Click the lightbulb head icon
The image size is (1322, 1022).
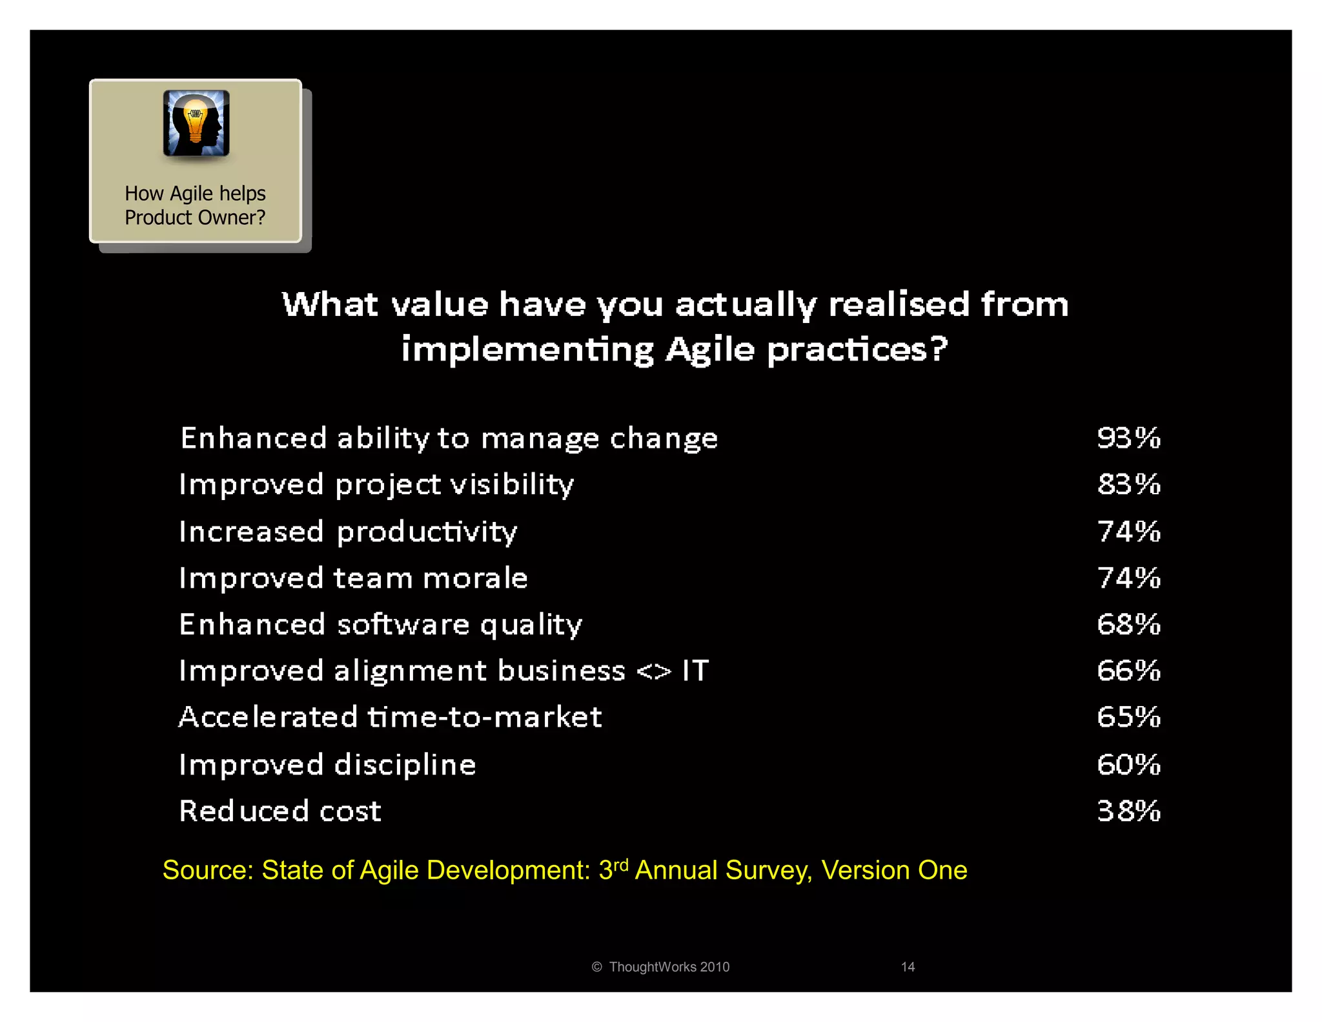coord(196,123)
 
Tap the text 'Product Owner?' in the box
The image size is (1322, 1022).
coord(195,218)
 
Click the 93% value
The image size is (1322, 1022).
coord(1128,438)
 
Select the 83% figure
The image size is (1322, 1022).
coord(1128,485)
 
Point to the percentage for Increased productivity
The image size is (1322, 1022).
coord(1128,532)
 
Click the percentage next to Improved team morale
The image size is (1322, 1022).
coord(1128,578)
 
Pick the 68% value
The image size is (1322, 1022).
coord(1128,625)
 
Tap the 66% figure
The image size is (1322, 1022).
coord(1128,671)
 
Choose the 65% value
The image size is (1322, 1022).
coord(1128,717)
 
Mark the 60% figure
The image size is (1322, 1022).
coord(1128,765)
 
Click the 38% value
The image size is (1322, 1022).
coord(1128,811)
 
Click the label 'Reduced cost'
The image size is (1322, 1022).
coord(280,811)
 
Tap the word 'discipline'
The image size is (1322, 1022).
coord(405,766)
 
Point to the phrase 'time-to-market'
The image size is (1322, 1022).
coord(485,718)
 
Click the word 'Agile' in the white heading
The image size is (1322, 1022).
coord(710,350)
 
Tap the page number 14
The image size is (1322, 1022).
coord(908,967)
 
